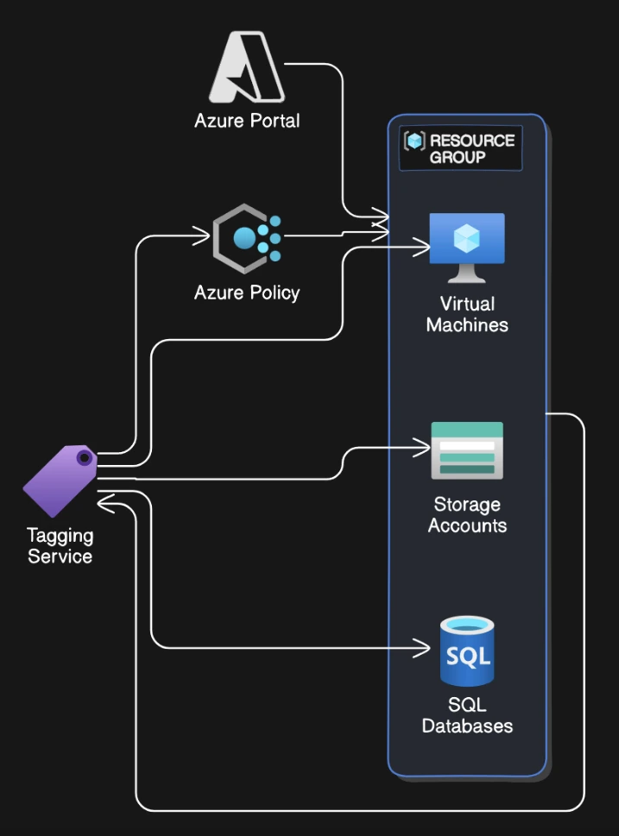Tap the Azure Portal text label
tap(247, 121)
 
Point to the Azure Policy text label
tap(247, 293)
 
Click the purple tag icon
tap(60, 480)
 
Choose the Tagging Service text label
tap(60, 546)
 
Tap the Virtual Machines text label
tap(467, 315)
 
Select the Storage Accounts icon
tap(467, 450)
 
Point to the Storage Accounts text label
tap(467, 515)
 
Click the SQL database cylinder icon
tap(467, 651)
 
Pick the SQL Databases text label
tap(467, 715)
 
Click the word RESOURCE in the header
tap(471, 141)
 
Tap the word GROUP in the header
tap(458, 157)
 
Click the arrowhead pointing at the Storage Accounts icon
tap(424, 448)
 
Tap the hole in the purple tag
tap(84, 457)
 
